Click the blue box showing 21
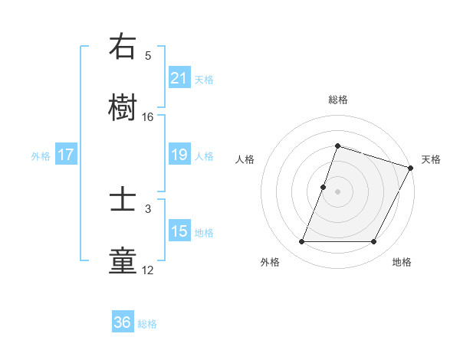click(179, 78)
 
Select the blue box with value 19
click(179, 155)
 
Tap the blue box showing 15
click(179, 231)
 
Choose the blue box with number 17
click(66, 155)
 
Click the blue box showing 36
click(123, 322)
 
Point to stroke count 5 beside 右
click(148, 56)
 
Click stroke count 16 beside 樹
click(148, 116)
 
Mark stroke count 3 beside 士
click(148, 208)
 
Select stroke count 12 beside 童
click(148, 270)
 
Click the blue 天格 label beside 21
click(204, 79)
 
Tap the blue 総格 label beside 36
click(147, 324)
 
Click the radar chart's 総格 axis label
click(338, 100)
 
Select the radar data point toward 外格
click(301, 242)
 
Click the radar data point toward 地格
click(374, 242)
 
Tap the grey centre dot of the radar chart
click(338, 191)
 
